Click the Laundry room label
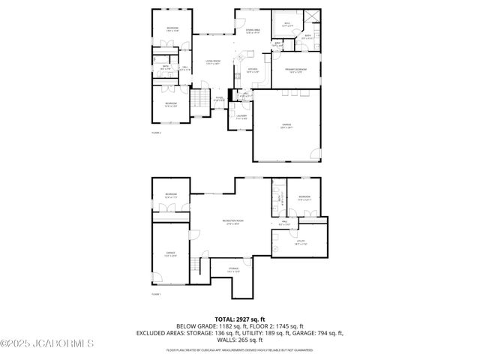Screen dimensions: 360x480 [x=241, y=117]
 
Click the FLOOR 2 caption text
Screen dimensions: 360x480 [x=157, y=133]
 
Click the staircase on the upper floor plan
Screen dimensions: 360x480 [x=200, y=98]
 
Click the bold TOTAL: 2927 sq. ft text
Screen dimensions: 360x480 [x=239, y=319]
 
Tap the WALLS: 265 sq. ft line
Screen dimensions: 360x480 [x=240, y=339]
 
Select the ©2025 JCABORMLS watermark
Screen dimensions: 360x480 [x=46, y=345]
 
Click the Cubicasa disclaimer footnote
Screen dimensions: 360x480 [x=240, y=349]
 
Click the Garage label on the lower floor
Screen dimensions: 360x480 [x=171, y=254]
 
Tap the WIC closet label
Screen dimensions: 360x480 [x=286, y=23]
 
